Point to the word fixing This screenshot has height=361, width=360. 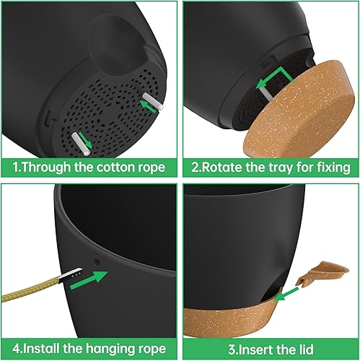[x=330, y=168]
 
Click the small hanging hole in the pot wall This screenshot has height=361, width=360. [x=100, y=258]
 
